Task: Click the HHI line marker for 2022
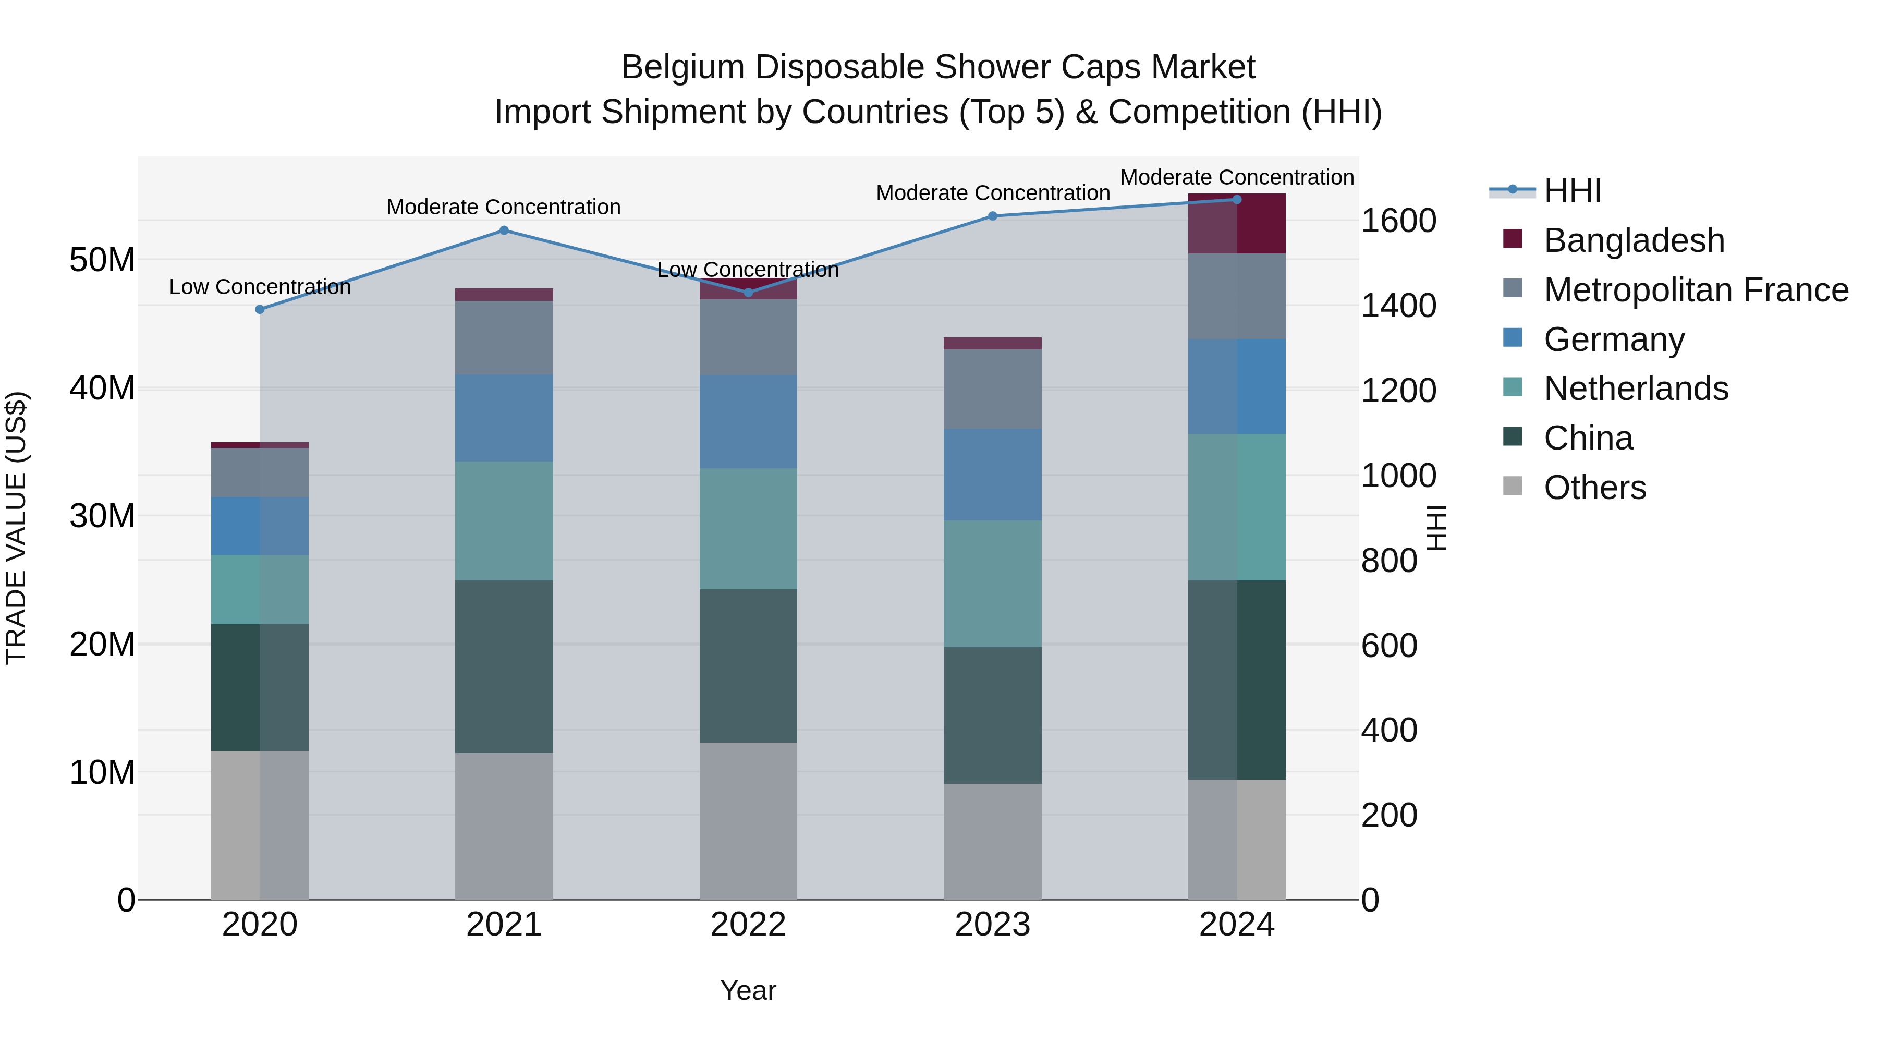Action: pyautogui.click(x=748, y=292)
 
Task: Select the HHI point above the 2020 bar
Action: pyautogui.click(x=260, y=309)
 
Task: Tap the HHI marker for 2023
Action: pyautogui.click(x=992, y=216)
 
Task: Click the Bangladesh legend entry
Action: pyautogui.click(x=1634, y=240)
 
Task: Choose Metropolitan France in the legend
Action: pyautogui.click(x=1696, y=290)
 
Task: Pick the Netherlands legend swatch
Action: pyautogui.click(x=1513, y=389)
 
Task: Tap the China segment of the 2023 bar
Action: pyautogui.click(x=992, y=715)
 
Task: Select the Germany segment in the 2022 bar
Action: pyautogui.click(x=748, y=421)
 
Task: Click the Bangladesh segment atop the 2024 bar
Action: pyautogui.click(x=1237, y=224)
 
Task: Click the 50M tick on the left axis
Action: pyautogui.click(x=102, y=260)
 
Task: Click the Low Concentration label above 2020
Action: pyautogui.click(x=260, y=287)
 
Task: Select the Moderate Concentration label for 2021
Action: pyautogui.click(x=504, y=207)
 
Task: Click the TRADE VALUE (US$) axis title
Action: pyautogui.click(x=16, y=528)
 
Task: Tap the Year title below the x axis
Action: pyautogui.click(x=748, y=990)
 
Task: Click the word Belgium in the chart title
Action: pyautogui.click(x=682, y=67)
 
